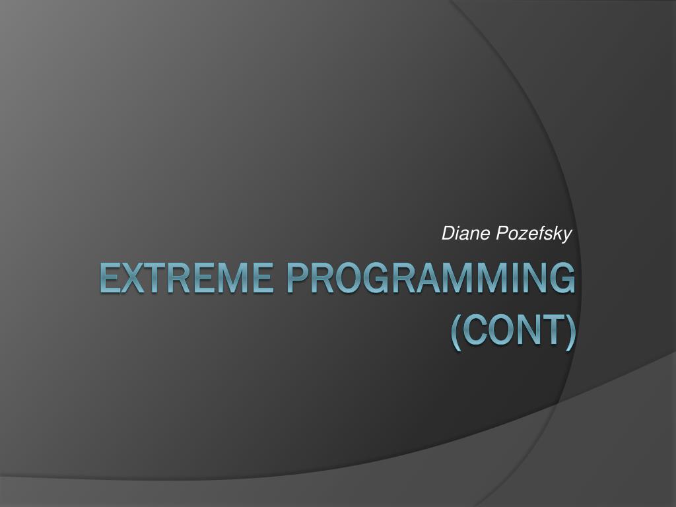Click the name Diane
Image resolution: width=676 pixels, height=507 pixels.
pyautogui.click(x=465, y=233)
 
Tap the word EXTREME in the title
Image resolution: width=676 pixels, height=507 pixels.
pyautogui.click(x=186, y=278)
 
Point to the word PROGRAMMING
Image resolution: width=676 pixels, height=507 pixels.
pyautogui.click(x=430, y=278)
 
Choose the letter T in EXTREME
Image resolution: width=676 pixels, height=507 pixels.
pyautogui.click(x=160, y=278)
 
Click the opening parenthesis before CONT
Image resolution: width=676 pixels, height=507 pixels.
pyautogui.click(x=456, y=332)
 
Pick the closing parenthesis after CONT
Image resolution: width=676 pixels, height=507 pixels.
pyautogui.click(x=570, y=332)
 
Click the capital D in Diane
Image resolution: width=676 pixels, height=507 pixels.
pyautogui.click(x=448, y=233)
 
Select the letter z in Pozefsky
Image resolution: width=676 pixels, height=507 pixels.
pyautogui.click(x=522, y=235)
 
